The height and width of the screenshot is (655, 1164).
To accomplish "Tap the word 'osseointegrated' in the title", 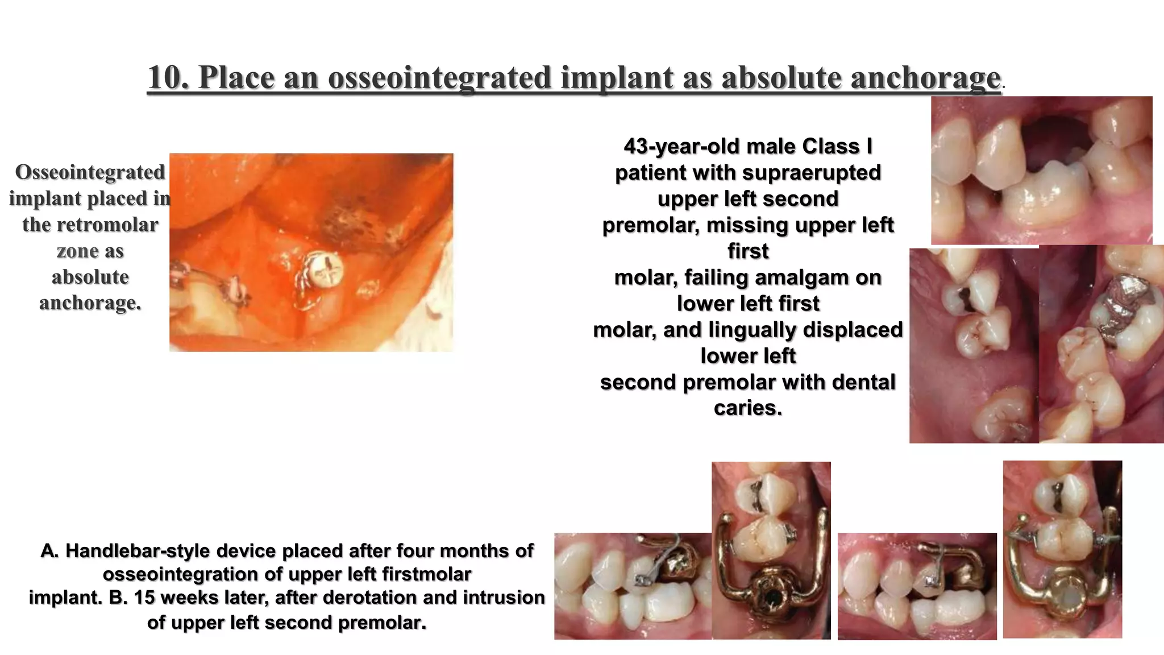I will coord(439,77).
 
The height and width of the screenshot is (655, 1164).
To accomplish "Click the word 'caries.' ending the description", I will coord(748,408).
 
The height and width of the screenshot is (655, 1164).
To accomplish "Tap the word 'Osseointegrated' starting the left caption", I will coord(90,172).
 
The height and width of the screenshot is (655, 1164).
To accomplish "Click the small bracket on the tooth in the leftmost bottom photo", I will coord(641,580).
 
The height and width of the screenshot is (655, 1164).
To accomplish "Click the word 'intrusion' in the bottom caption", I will coord(504,598).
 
